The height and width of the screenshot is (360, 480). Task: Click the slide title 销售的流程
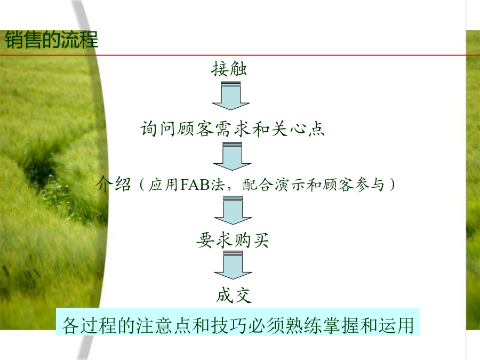51,40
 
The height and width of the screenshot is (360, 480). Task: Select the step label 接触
229,69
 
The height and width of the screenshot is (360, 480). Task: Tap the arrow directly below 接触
231,95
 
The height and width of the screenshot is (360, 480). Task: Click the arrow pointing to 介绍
233,156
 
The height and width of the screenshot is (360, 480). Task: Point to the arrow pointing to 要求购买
233,210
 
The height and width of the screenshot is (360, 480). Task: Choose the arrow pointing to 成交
233,265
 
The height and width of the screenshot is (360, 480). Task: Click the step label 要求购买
233,240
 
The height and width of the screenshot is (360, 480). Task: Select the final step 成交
234,295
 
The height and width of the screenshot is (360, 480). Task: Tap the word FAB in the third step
195,185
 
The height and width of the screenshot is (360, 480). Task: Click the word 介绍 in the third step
114,185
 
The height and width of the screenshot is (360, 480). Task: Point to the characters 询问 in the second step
158,129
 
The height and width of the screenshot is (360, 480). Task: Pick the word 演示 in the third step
290,185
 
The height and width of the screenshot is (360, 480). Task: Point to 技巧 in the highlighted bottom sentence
229,325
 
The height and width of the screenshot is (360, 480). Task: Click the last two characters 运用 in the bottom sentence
396,325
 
